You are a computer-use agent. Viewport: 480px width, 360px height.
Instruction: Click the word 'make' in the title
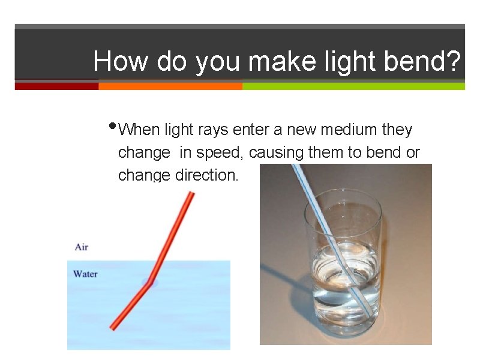click(x=275, y=61)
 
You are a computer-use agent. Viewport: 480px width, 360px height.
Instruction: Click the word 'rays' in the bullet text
click(x=213, y=130)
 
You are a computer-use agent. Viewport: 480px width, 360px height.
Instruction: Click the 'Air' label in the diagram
click(x=82, y=247)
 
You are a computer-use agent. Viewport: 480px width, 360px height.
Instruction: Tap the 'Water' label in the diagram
click(x=85, y=274)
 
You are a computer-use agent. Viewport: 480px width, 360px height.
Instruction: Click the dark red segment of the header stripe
click(x=56, y=86)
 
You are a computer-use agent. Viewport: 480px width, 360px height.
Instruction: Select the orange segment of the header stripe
click(x=170, y=86)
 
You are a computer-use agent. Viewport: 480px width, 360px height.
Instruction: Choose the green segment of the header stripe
click(x=353, y=86)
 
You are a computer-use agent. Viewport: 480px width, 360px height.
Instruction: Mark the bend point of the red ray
click(x=149, y=281)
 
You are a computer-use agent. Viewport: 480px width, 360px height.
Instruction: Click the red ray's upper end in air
click(x=191, y=194)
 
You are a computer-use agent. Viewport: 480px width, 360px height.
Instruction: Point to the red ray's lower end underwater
click(x=113, y=327)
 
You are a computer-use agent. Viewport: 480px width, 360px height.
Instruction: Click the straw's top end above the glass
click(x=294, y=167)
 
